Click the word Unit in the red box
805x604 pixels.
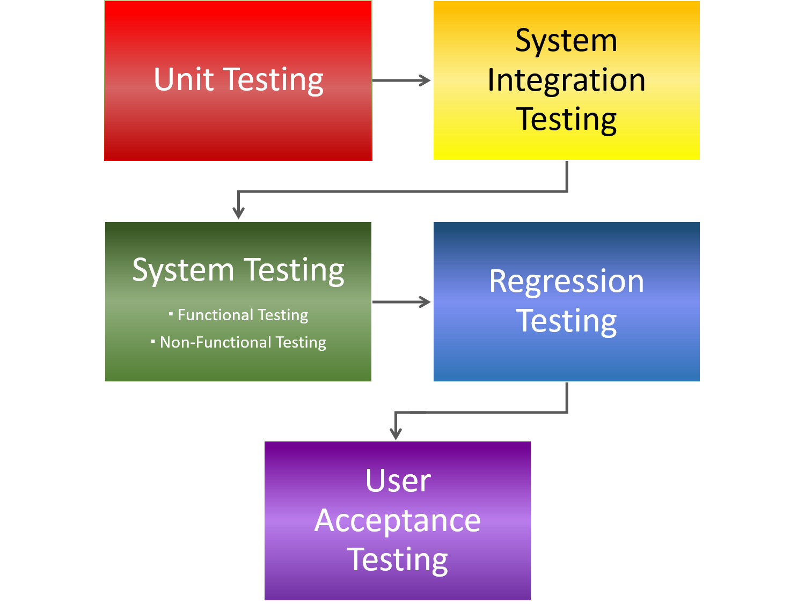point(184,79)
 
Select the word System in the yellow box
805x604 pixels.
point(566,41)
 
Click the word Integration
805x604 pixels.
point(566,80)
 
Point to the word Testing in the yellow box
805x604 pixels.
point(566,119)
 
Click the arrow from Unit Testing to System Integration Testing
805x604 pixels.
point(401,80)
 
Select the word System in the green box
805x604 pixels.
point(183,270)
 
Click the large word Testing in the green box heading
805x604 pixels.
point(294,270)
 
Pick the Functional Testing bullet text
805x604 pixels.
point(243,315)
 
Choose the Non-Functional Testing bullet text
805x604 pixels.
point(243,342)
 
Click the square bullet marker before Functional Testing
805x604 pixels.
point(171,313)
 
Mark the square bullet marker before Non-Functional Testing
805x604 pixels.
point(153,341)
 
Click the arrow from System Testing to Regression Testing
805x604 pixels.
point(401,302)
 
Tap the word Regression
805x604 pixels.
point(566,282)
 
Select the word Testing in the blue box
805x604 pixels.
point(566,321)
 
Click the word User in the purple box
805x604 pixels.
point(398,481)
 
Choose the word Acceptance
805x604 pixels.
point(398,520)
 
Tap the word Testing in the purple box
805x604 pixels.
point(398,560)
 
